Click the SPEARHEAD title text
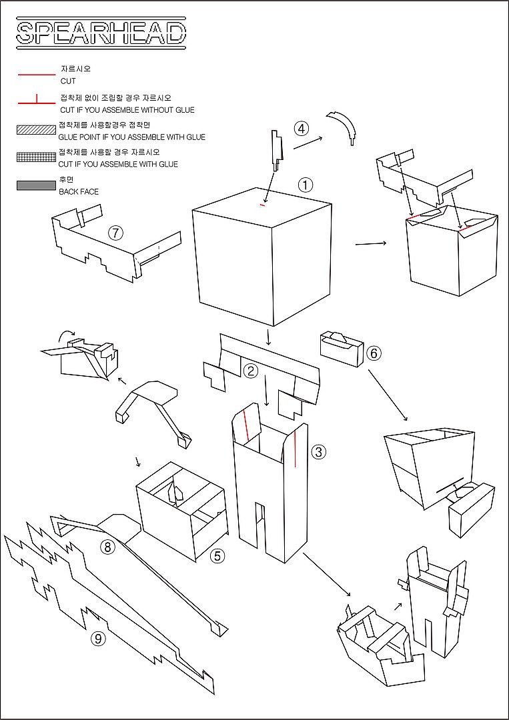tap(101, 33)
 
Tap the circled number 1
tap(306, 185)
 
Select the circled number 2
tap(250, 371)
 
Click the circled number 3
tap(318, 452)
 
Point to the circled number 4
tap(302, 129)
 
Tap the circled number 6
tap(374, 353)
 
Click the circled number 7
tap(115, 233)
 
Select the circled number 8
tap(107, 547)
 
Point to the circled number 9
tap(99, 639)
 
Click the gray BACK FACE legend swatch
tap(36, 185)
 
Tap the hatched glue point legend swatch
tap(36, 130)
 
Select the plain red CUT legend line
tap(36, 75)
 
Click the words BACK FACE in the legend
tap(79, 192)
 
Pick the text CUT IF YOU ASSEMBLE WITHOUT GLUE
tap(127, 110)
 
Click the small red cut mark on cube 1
tap(262, 205)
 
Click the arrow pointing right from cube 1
tap(370, 243)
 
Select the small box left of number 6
tap(342, 348)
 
